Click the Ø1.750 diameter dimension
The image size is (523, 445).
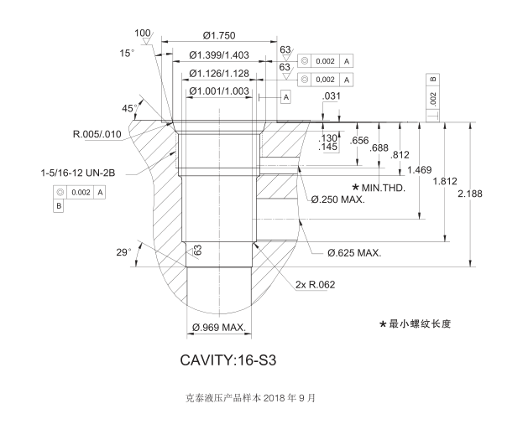219,35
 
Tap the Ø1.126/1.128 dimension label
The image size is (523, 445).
219,73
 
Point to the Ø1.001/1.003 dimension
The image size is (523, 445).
219,91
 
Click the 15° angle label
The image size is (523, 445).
126,53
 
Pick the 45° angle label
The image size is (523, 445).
128,109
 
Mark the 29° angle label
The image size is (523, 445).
123,251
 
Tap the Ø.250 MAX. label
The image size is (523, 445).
337,200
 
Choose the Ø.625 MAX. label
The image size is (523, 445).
354,252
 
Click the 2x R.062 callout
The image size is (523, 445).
315,285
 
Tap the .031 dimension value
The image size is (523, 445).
332,97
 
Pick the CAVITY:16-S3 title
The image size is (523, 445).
228,361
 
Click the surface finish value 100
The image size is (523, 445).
143,33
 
